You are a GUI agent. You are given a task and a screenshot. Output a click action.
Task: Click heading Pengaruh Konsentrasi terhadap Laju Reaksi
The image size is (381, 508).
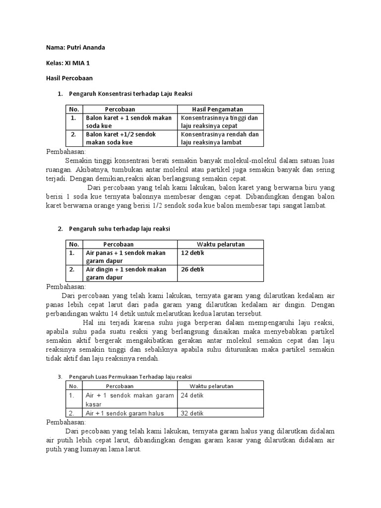tap(130, 94)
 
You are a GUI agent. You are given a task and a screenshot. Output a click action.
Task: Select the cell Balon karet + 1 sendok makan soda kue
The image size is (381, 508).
tap(128, 122)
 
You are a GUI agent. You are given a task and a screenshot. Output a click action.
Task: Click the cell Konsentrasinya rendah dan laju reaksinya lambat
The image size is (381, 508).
tap(219, 138)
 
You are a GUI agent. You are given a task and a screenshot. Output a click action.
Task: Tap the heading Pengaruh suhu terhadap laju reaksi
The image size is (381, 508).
tap(119, 229)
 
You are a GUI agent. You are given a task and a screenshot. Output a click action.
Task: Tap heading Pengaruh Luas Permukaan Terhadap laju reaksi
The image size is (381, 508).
tap(130, 377)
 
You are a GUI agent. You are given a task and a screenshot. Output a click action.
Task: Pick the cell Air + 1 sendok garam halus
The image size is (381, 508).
tap(125, 413)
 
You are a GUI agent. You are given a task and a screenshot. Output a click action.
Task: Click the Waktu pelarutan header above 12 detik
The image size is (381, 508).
tap(221, 244)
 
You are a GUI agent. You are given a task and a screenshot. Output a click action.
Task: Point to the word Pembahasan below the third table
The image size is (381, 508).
tap(66, 422)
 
